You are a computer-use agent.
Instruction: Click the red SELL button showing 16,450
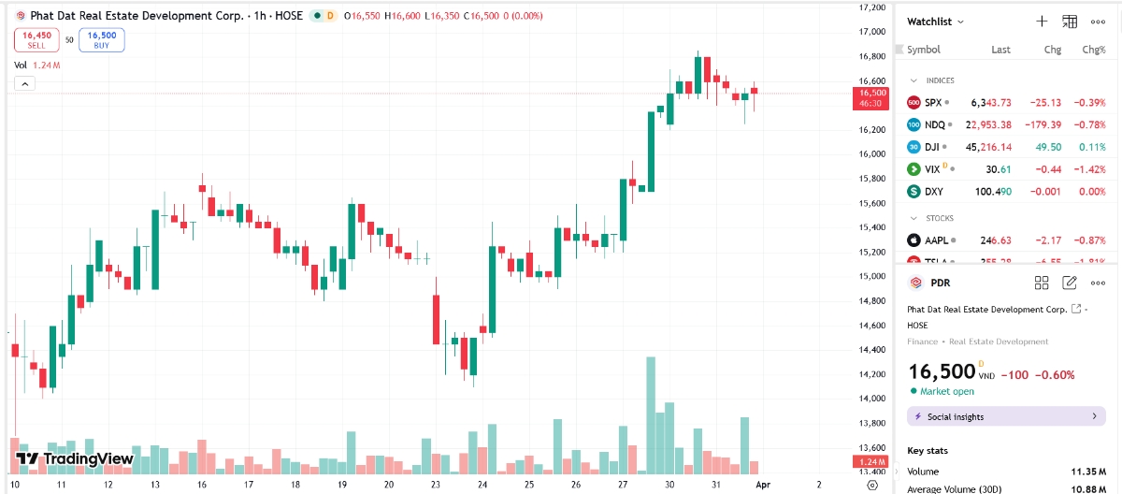[x=36, y=39]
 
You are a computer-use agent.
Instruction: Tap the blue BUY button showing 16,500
[x=101, y=39]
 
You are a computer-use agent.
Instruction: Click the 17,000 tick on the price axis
[x=871, y=32]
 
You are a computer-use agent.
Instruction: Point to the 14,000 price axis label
[x=871, y=399]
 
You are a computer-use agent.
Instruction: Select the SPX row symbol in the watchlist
[x=932, y=102]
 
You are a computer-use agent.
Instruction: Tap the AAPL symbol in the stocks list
[x=936, y=240]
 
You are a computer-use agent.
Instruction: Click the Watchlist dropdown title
[x=935, y=22]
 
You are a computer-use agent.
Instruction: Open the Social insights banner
[x=1006, y=416]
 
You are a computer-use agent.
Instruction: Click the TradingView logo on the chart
[x=75, y=459]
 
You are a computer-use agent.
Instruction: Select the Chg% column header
[x=1093, y=50]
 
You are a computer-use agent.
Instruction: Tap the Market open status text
[x=947, y=391]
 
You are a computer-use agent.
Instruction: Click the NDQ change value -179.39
[x=1042, y=124]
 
